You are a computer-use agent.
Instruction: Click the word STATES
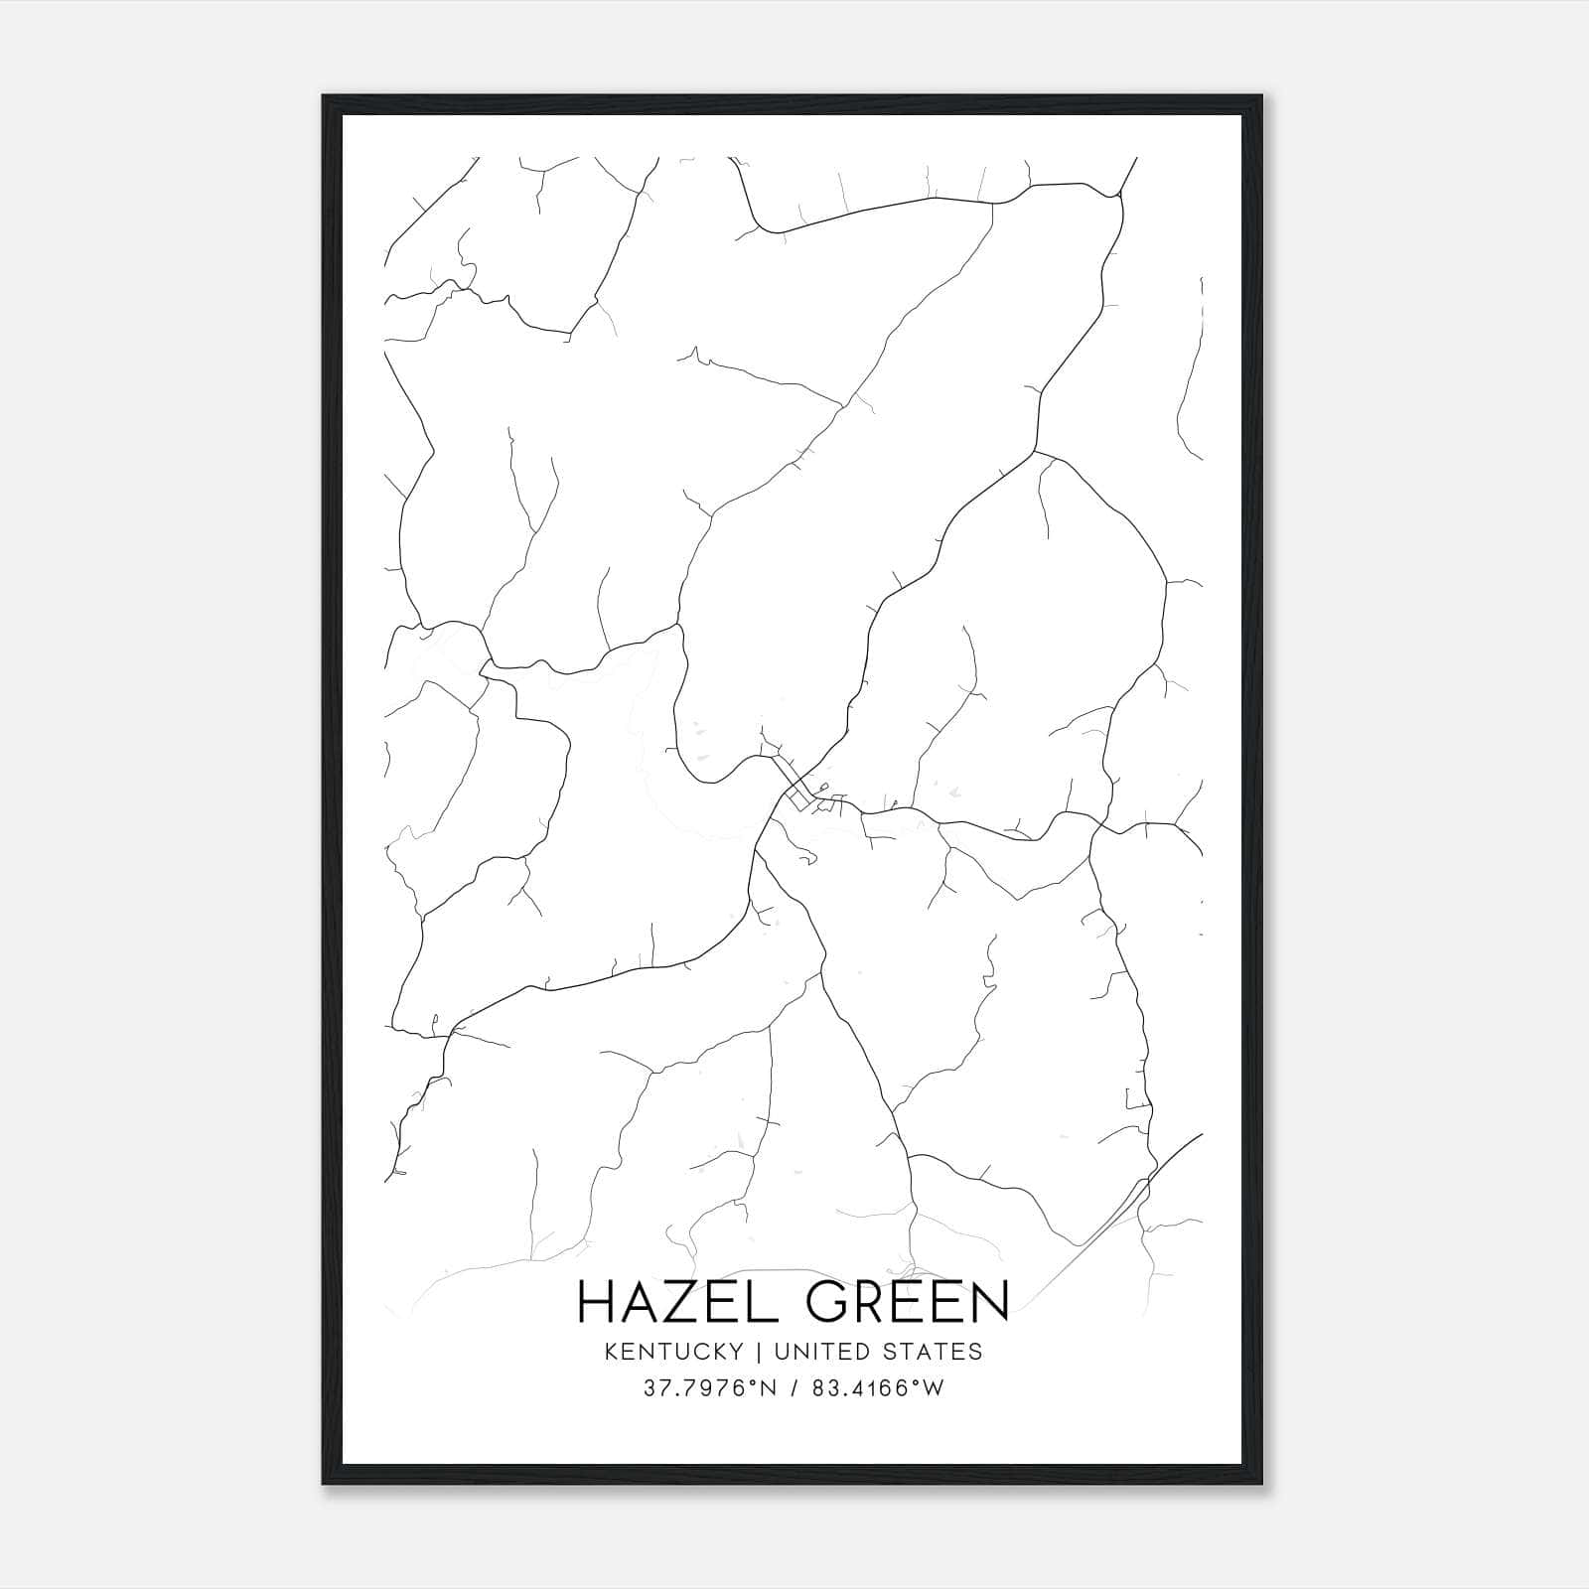click(x=934, y=1352)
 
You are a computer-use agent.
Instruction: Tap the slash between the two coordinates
click(x=794, y=1388)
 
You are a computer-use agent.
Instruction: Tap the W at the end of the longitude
click(x=934, y=1388)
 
